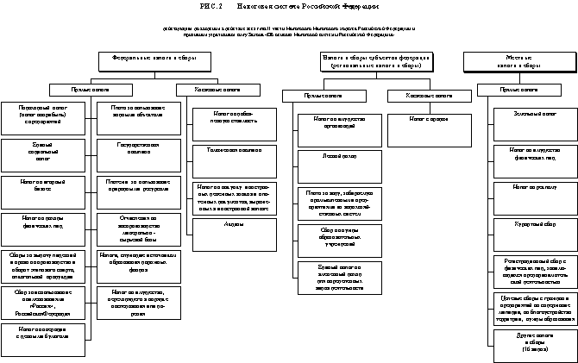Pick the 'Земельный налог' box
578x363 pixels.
[534, 114]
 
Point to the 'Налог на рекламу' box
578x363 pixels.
[534, 185]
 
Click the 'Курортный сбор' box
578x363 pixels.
[534, 223]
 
